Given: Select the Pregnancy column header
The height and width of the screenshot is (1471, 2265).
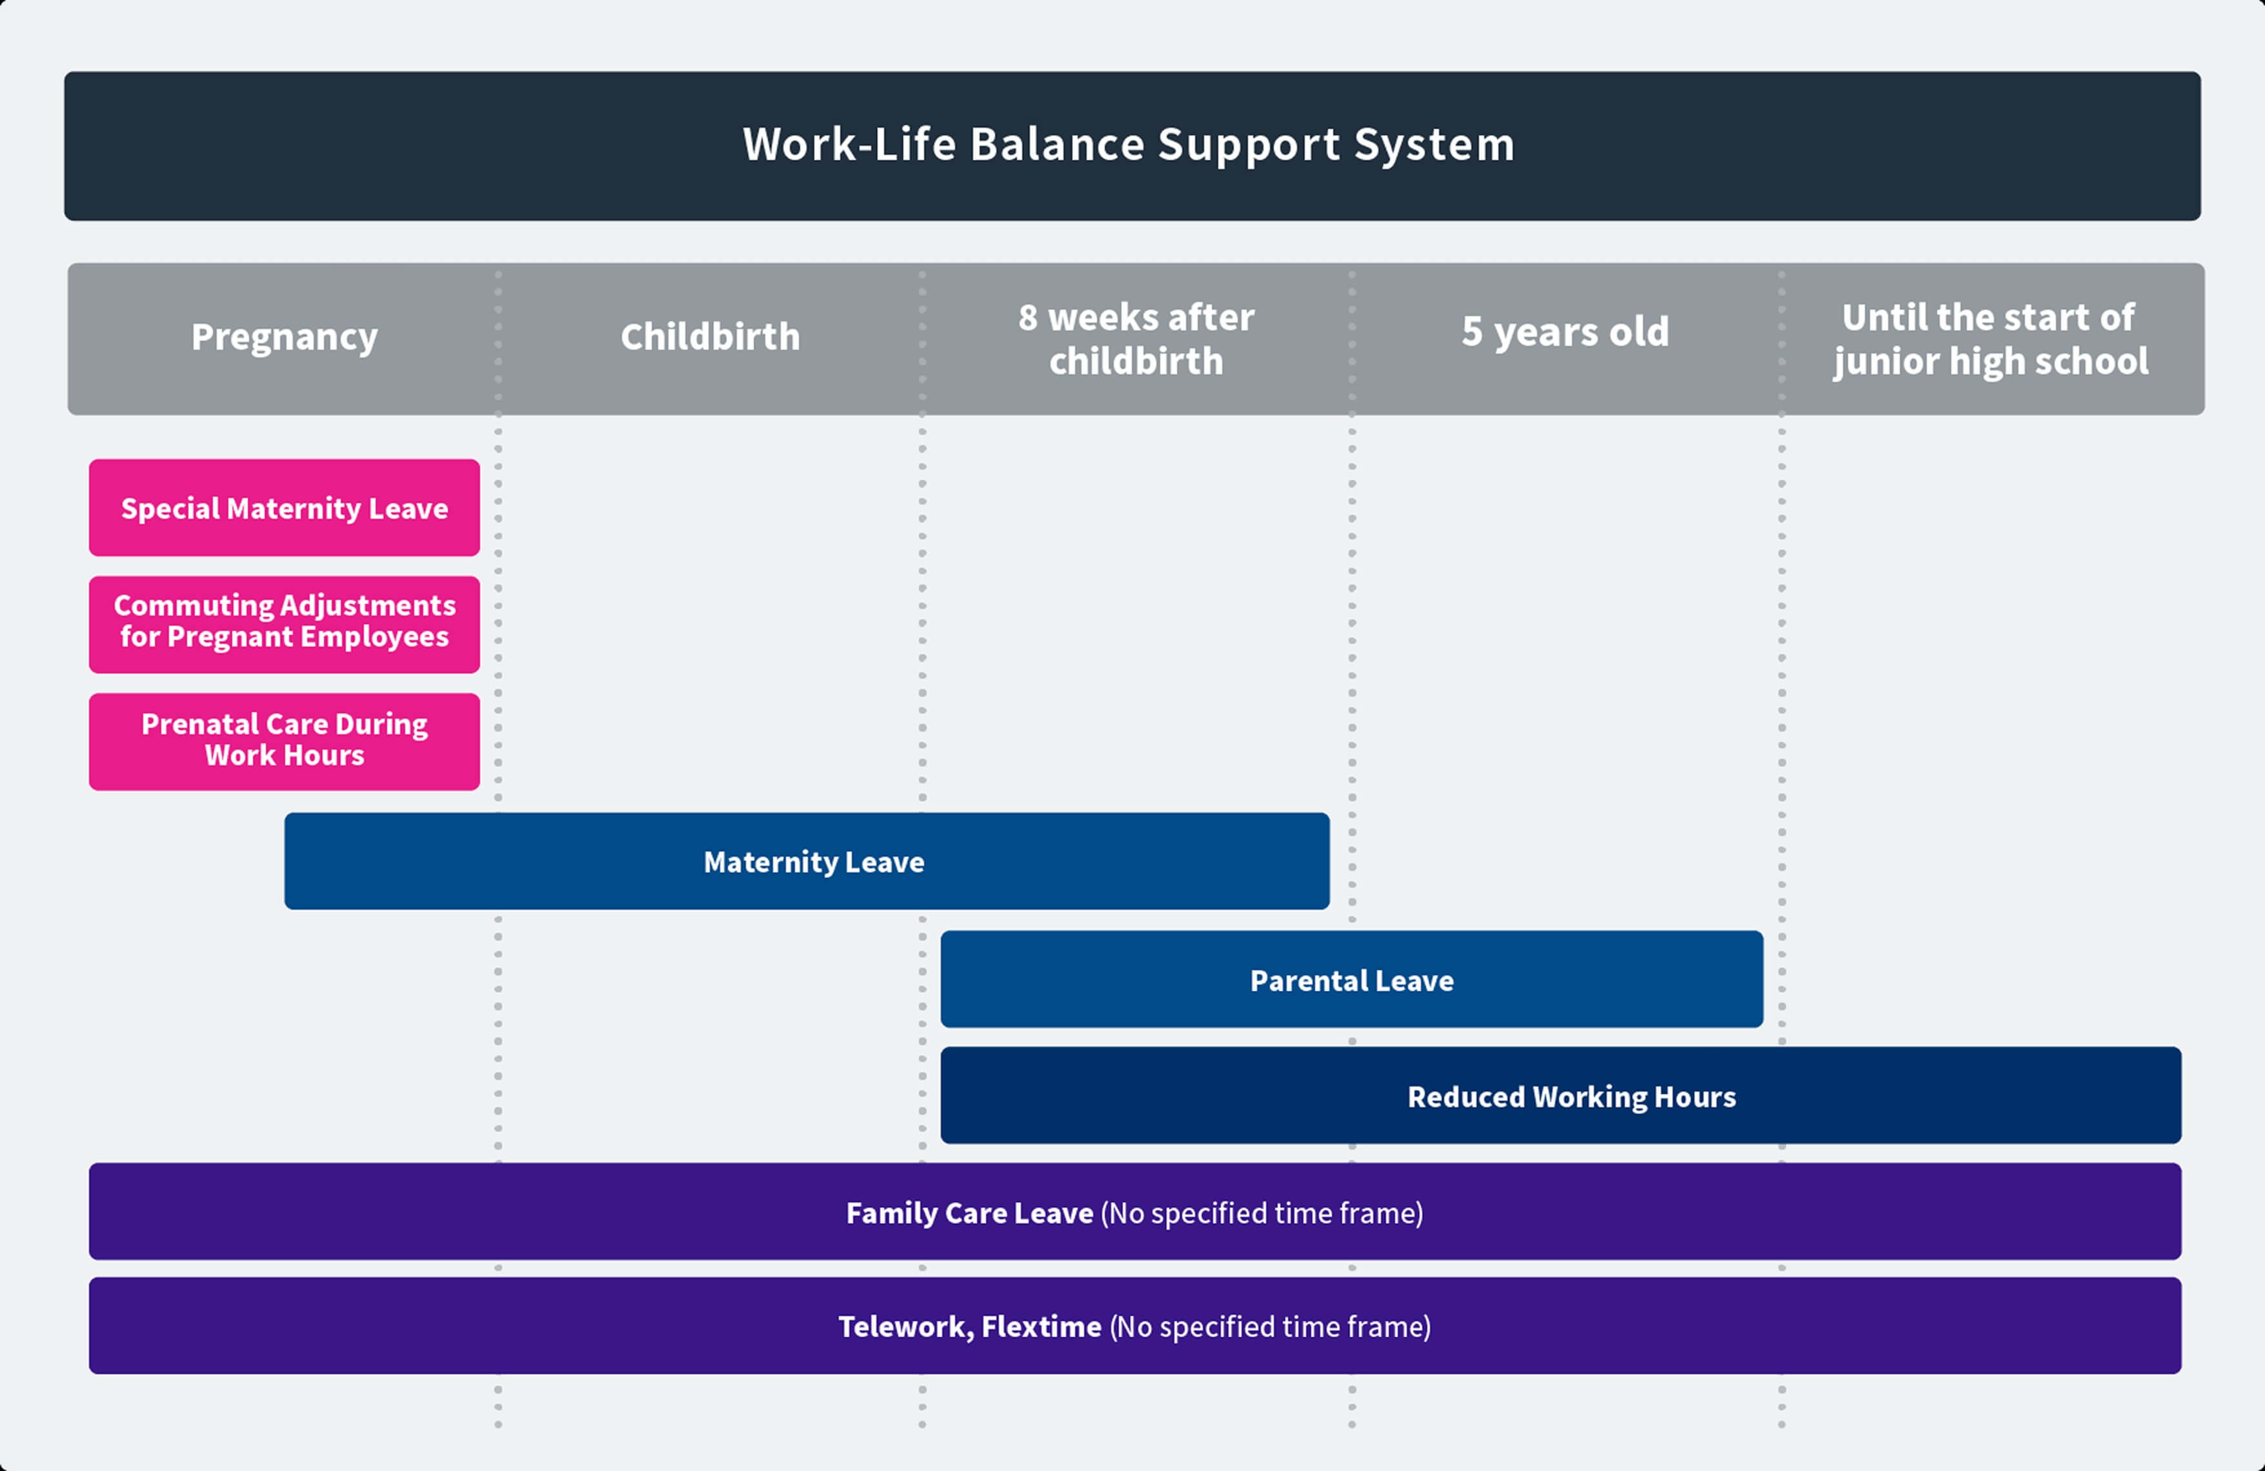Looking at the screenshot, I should (x=285, y=337).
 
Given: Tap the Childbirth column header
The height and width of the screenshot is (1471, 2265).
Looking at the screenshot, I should (x=710, y=337).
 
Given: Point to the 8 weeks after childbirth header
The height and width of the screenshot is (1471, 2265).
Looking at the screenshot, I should (x=1136, y=339).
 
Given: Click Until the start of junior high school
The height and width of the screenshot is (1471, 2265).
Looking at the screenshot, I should (x=1990, y=339).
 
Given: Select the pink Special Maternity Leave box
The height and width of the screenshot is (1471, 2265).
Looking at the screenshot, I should (x=285, y=508).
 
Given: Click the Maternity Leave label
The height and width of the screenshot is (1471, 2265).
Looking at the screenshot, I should (x=814, y=862).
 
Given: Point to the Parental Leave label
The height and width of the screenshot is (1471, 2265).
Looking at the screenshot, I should (x=1351, y=981).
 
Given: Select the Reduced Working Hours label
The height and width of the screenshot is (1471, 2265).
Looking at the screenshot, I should (x=1571, y=1097).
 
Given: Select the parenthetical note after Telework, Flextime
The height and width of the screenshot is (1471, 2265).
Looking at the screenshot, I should (x=1269, y=1326).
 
